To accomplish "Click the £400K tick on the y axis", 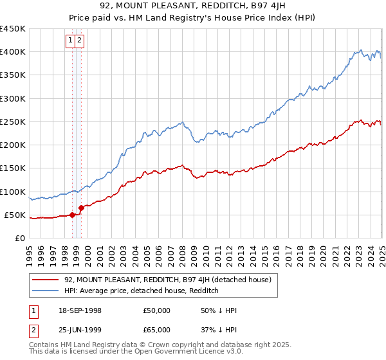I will [12, 52].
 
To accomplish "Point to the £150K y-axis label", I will [12, 168].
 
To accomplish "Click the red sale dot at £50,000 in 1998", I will [72, 215].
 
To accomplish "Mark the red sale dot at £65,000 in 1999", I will [82, 208].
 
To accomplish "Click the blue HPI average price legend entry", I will [142, 291].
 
